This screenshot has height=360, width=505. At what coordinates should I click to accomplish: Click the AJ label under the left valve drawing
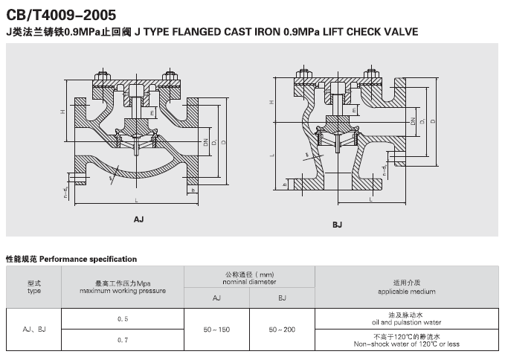(x=139, y=219)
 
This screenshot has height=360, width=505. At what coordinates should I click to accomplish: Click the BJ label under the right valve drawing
(x=337, y=224)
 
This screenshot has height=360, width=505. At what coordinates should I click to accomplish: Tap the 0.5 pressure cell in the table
(x=123, y=318)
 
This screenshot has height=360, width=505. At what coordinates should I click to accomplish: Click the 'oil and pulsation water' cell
(x=407, y=320)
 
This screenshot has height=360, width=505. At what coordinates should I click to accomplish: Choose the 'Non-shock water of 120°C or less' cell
(x=407, y=341)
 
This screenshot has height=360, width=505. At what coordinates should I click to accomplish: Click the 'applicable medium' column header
(x=407, y=287)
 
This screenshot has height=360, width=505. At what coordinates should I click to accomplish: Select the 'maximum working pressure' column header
(x=123, y=287)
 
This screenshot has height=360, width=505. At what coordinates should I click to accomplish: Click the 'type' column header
(x=34, y=287)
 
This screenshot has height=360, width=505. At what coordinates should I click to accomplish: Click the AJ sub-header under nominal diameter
(x=217, y=298)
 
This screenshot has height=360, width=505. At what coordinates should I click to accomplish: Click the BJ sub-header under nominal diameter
(x=282, y=298)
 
